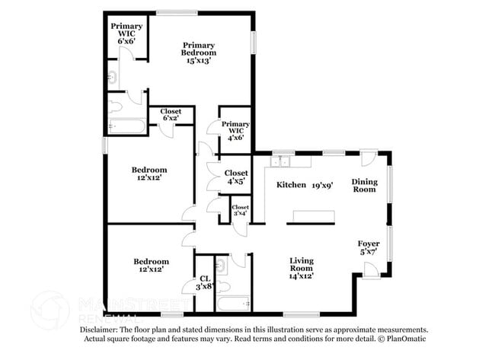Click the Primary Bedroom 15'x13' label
tap(198, 53)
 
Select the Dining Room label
tap(363, 185)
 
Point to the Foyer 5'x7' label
tap(369, 247)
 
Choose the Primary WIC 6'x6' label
tap(126, 34)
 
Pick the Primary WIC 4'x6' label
tap(235, 130)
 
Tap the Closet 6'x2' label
tap(171, 115)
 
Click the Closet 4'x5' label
tap(236, 177)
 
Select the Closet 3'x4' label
tap(240, 210)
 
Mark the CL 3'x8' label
tap(204, 283)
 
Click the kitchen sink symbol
tap(282, 161)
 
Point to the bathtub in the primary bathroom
tap(126, 126)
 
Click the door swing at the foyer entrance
tap(370, 269)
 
